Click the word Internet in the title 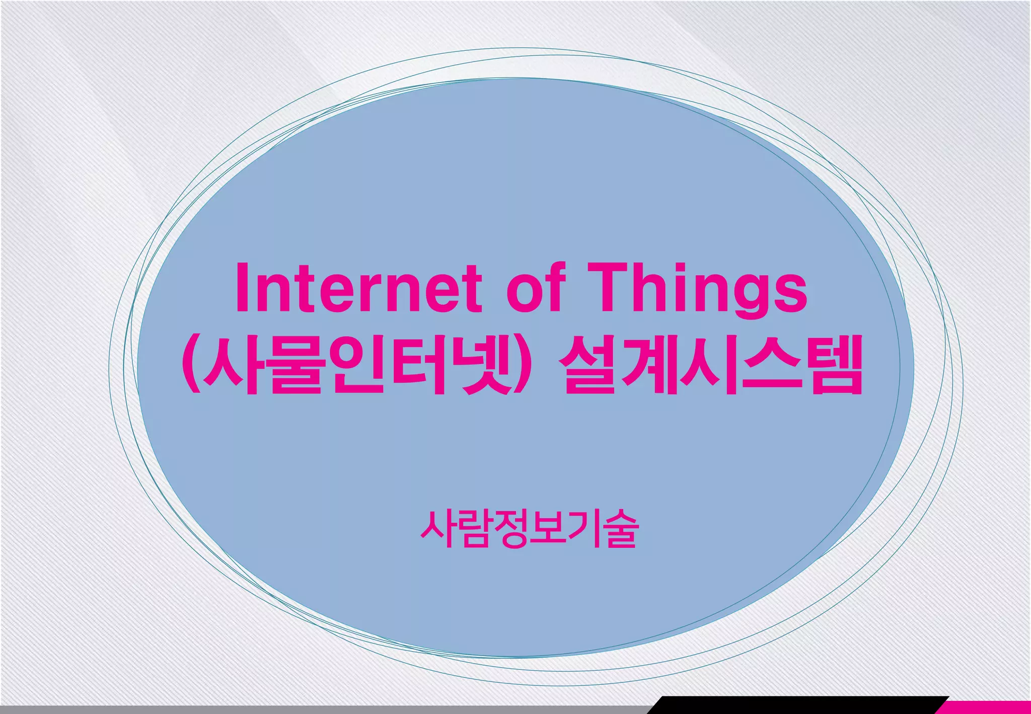358,288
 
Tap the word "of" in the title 535,288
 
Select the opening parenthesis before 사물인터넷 190,365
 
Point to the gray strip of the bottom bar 322,709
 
